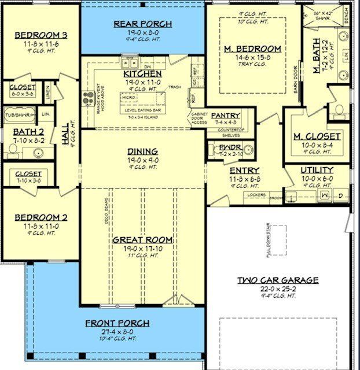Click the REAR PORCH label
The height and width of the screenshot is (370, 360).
pos(142,24)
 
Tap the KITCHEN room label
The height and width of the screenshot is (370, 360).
pos(142,74)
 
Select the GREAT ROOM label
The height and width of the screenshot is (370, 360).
pos(142,240)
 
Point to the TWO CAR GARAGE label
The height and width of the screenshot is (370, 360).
pos(278,280)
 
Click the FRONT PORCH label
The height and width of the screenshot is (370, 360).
pos(117,324)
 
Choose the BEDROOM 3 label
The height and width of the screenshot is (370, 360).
pos(41,35)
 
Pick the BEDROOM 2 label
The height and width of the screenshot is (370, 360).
pos(41,217)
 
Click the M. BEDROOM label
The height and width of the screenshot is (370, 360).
pos(252,49)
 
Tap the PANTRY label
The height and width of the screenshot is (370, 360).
pos(225,115)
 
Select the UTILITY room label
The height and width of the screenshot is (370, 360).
pos(317,170)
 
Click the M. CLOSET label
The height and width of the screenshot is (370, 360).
pos(317,136)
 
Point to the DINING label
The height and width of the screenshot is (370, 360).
pos(142,152)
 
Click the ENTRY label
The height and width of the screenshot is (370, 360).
pos(244,171)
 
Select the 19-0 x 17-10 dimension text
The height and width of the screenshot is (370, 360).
pos(142,248)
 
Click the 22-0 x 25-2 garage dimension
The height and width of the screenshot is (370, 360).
pos(278,288)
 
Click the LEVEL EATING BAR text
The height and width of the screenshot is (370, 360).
pos(142,109)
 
